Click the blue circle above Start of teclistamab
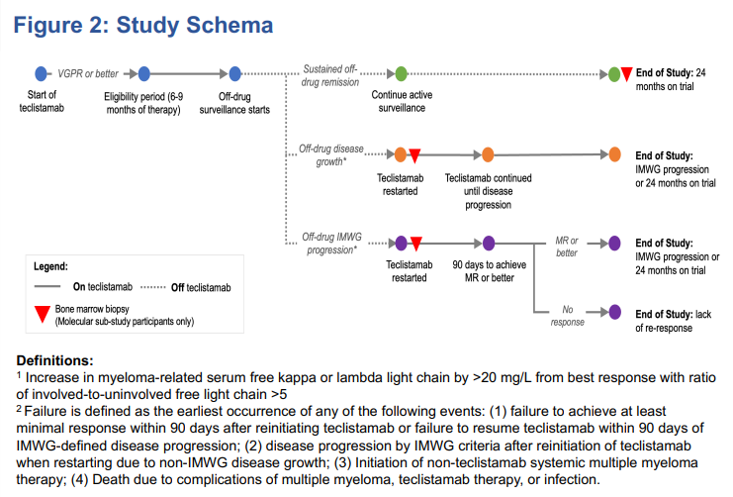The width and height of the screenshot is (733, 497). click(41, 74)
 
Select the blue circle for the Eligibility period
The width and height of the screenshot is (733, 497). click(143, 74)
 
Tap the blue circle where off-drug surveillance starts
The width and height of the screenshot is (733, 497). click(235, 74)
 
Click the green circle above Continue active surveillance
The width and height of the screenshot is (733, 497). click(401, 74)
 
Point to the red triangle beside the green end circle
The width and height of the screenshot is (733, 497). click(626, 74)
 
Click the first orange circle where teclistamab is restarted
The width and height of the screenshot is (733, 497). click(401, 154)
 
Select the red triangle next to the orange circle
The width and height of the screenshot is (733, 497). click(415, 155)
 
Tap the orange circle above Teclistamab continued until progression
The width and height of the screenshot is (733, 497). click(488, 154)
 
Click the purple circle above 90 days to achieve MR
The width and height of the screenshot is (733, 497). click(488, 243)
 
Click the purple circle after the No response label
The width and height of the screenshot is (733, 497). click(614, 312)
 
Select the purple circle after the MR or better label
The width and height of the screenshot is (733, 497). click(614, 243)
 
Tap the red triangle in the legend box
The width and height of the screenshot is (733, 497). click(40, 315)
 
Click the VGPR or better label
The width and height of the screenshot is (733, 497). click(87, 74)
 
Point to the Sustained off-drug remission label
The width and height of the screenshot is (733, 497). click(329, 75)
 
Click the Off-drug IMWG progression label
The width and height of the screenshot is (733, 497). click(328, 244)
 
